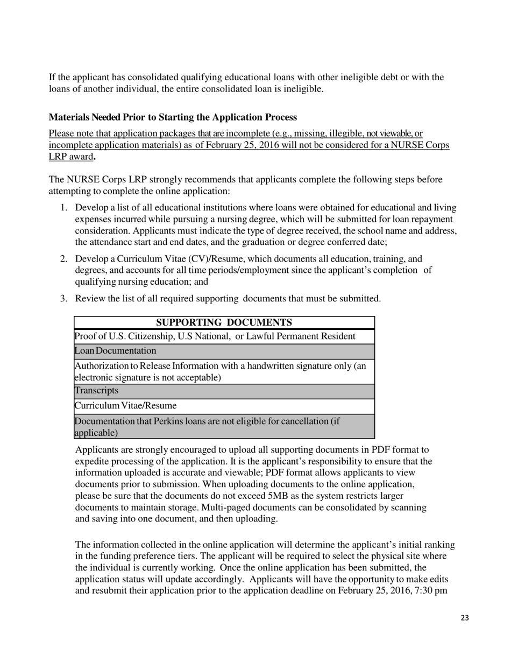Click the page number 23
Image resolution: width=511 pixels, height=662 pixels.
click(465, 618)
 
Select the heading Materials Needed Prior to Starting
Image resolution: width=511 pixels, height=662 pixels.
click(172, 117)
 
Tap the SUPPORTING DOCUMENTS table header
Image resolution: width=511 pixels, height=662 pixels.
click(224, 322)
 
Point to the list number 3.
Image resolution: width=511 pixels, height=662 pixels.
click(63, 299)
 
